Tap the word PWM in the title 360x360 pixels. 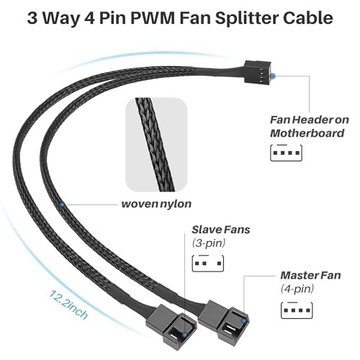click(x=153, y=18)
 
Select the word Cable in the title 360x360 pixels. click(x=308, y=18)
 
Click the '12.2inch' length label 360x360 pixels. click(x=68, y=305)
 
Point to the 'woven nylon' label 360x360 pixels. click(x=156, y=204)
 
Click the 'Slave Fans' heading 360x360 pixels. click(x=221, y=230)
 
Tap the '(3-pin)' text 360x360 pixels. click(x=209, y=243)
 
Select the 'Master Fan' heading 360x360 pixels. click(x=310, y=275)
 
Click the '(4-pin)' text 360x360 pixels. click(x=297, y=289)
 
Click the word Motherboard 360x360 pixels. click(x=307, y=133)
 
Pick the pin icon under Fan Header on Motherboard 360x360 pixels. click(x=286, y=153)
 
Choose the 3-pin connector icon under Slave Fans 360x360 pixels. click(x=208, y=264)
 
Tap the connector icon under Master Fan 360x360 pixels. click(x=297, y=310)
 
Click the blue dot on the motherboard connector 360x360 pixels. click(x=273, y=76)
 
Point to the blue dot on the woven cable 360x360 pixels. click(x=62, y=204)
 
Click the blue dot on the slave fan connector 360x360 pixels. click(x=185, y=335)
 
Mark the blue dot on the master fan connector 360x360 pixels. click(x=244, y=321)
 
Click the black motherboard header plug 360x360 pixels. click(x=258, y=72)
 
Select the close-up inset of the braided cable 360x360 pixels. click(x=156, y=145)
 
